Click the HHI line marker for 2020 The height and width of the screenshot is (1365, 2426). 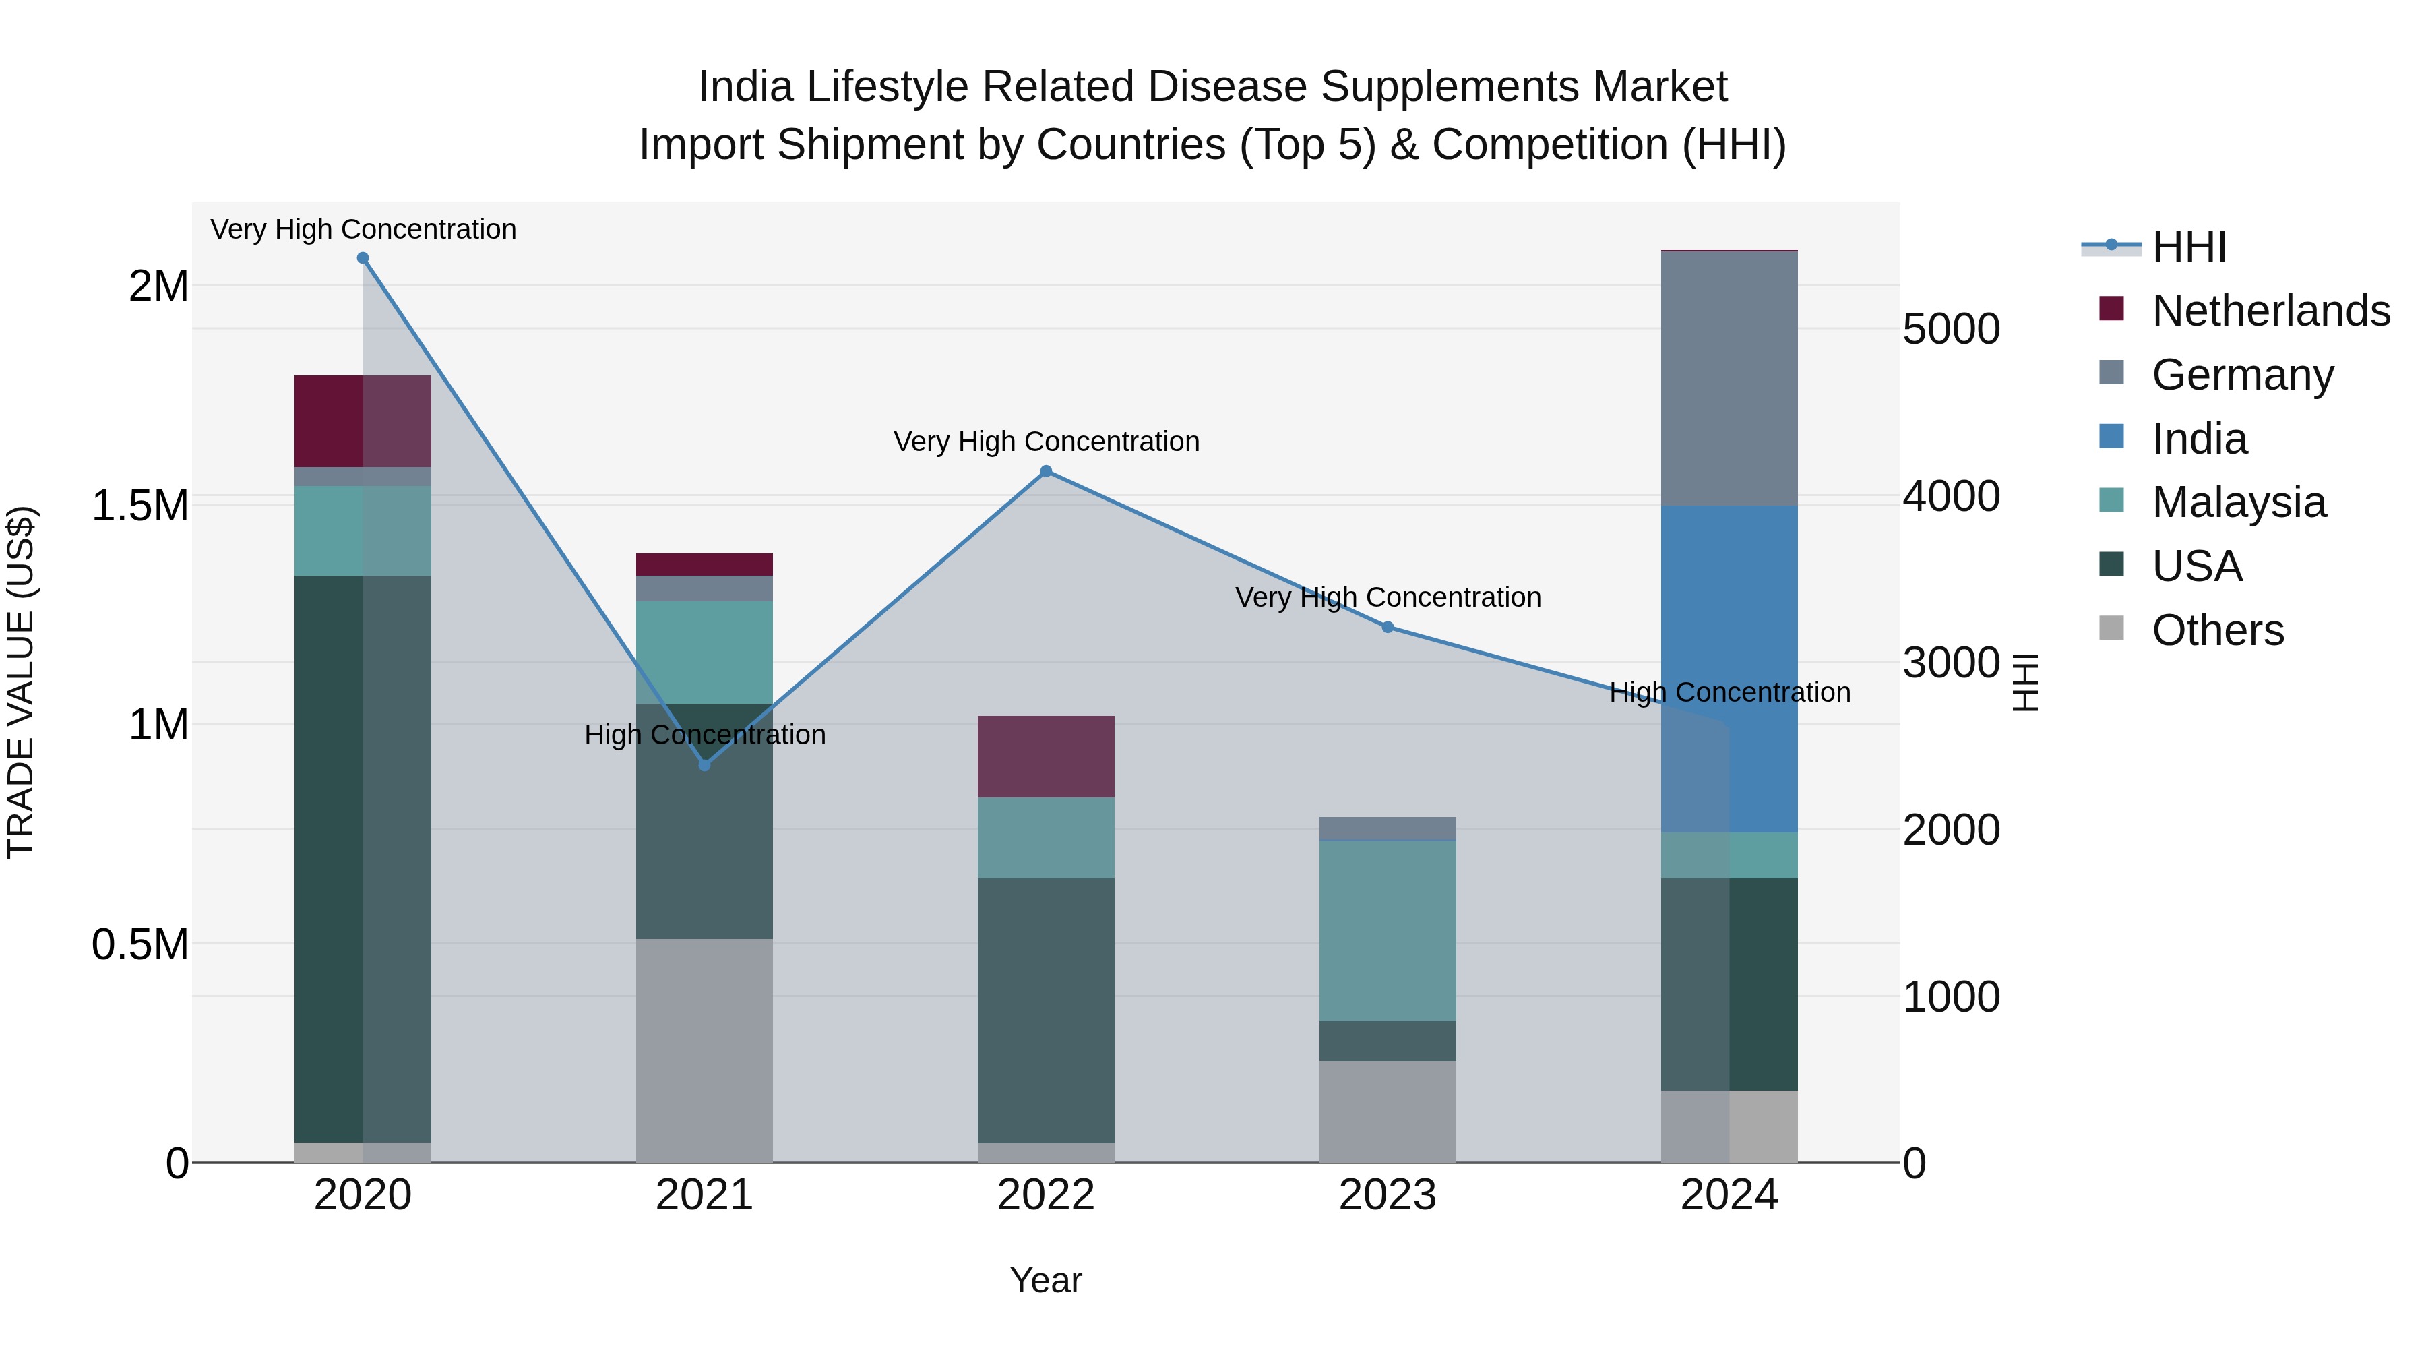point(363,258)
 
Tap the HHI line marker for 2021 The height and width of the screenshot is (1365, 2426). point(704,765)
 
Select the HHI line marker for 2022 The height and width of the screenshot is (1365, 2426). point(1045,471)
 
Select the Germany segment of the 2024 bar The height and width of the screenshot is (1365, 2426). point(1729,377)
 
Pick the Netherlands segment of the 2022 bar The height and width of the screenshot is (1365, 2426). point(1045,756)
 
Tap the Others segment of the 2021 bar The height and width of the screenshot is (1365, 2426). point(704,1050)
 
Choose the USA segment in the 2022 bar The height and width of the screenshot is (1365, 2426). point(1045,1010)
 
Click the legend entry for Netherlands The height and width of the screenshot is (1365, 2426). point(2270,311)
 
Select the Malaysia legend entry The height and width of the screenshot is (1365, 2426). point(2237,502)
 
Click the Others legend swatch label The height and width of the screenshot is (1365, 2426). point(2217,630)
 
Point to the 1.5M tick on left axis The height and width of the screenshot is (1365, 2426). point(142,506)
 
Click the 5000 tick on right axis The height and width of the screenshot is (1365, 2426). point(1950,330)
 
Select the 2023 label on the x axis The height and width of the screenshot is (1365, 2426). point(1388,1195)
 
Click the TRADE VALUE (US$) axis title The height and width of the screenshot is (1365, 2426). point(21,682)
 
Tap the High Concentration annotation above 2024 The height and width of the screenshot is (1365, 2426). point(1729,692)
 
